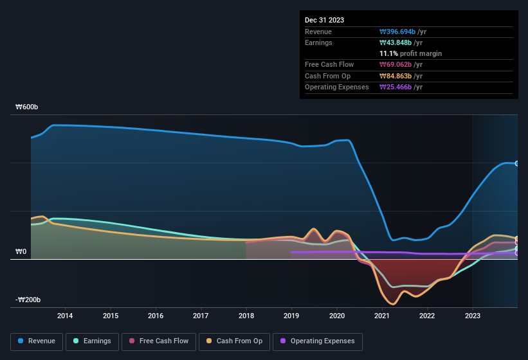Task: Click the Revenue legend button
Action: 37,341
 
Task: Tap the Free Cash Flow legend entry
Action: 158,341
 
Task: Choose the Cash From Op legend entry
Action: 235,341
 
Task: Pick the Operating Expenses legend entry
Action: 318,341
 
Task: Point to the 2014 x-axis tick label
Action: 65,316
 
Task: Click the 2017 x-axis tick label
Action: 201,316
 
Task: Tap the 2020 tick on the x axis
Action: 336,316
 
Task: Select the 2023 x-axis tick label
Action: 473,316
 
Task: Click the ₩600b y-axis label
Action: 27,107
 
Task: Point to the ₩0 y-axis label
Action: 21,252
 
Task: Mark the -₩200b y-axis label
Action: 28,300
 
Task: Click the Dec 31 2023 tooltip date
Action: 324,20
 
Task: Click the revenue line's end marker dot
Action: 517,163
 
